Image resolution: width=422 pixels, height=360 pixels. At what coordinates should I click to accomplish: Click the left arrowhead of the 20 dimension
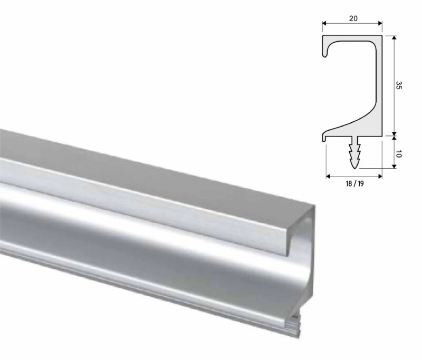tap(324, 24)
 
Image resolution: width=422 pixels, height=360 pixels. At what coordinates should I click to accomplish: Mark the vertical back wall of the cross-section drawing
tap(378, 79)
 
